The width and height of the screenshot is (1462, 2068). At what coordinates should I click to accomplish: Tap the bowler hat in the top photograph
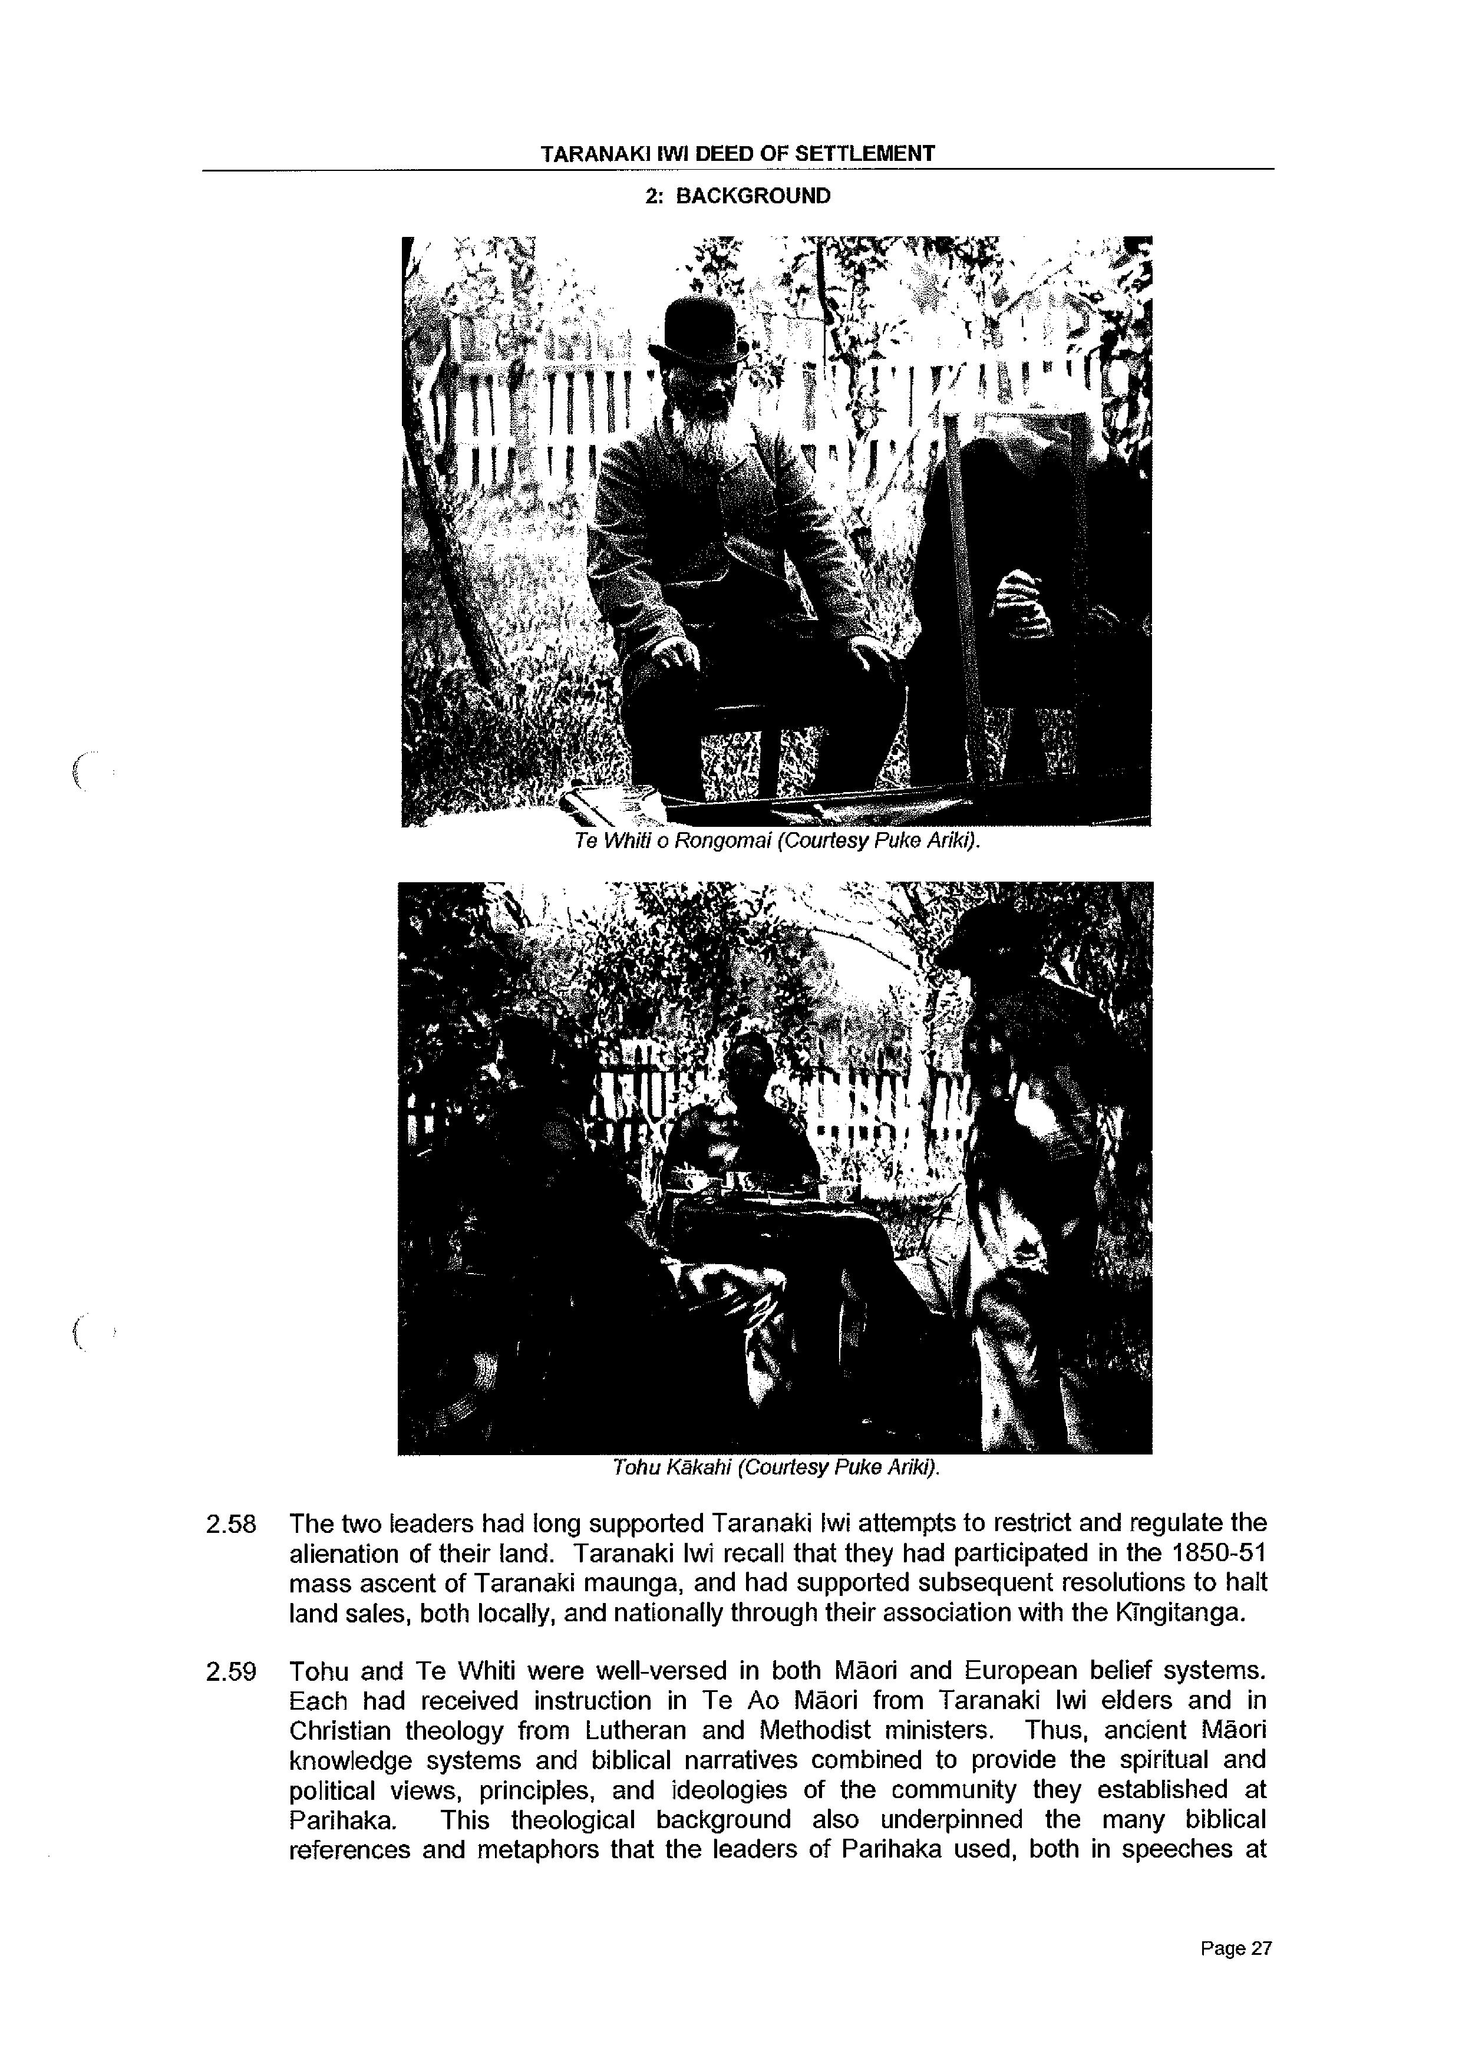coord(697,329)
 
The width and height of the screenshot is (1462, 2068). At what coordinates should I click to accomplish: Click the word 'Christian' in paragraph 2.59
coord(339,1731)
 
